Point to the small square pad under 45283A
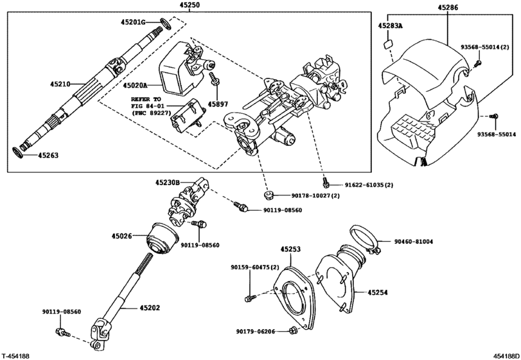tap(387, 45)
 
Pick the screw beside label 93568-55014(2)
tap(477, 63)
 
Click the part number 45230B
tap(167, 183)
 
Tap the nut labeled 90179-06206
tap(293, 331)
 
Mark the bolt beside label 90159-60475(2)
tap(251, 296)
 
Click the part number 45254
tap(378, 292)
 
